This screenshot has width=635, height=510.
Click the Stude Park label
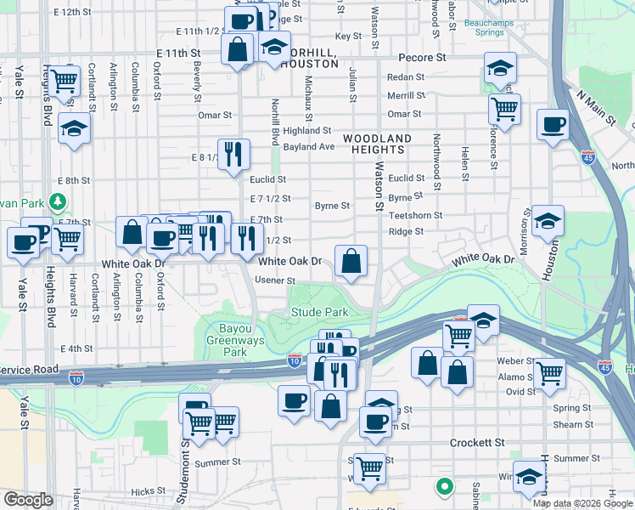click(320, 313)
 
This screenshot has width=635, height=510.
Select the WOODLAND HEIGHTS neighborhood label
click(377, 144)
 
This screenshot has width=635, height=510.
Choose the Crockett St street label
click(476, 443)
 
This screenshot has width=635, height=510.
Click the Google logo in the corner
click(28, 500)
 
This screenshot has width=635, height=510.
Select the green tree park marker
click(58, 202)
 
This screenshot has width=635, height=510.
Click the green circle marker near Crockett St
click(443, 487)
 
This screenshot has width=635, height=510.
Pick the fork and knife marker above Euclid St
click(233, 155)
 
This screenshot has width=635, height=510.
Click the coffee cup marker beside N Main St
click(553, 125)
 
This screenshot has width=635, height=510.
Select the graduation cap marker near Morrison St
click(548, 222)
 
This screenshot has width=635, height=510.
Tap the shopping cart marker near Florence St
click(505, 109)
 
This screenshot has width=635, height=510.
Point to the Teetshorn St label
click(415, 216)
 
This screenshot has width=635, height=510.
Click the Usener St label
click(277, 280)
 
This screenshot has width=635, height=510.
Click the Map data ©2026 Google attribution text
click(582, 503)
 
